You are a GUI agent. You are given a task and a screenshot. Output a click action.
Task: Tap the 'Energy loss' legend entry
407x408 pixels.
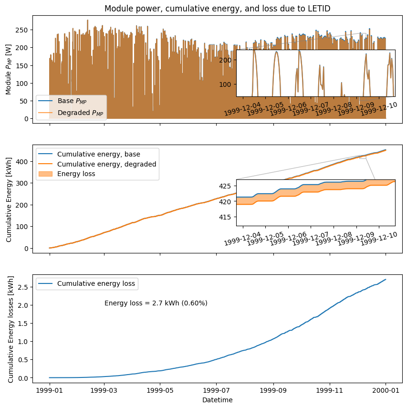pos(76,174)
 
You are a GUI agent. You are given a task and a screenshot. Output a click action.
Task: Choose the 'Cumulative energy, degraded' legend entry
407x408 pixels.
pos(106,164)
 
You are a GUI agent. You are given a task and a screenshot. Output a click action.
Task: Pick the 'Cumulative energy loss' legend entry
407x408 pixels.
pos(96,283)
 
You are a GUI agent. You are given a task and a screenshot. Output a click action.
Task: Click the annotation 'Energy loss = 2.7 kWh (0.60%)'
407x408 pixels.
pos(156,303)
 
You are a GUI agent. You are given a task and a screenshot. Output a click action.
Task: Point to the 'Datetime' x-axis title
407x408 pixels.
pos(217,400)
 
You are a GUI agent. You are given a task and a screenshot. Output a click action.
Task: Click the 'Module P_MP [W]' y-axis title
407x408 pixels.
pos(9,69)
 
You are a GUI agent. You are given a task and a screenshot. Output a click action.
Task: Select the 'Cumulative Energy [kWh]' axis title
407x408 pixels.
pos(9,199)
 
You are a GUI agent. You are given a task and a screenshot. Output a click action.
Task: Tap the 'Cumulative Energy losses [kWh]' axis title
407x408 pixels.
pos(11,329)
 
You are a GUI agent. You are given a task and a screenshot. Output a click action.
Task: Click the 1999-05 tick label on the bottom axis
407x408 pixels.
pos(160,390)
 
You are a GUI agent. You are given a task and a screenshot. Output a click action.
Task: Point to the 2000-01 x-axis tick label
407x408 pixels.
pos(386,390)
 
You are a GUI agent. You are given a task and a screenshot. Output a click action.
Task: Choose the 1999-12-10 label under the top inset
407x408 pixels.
pos(379,109)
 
